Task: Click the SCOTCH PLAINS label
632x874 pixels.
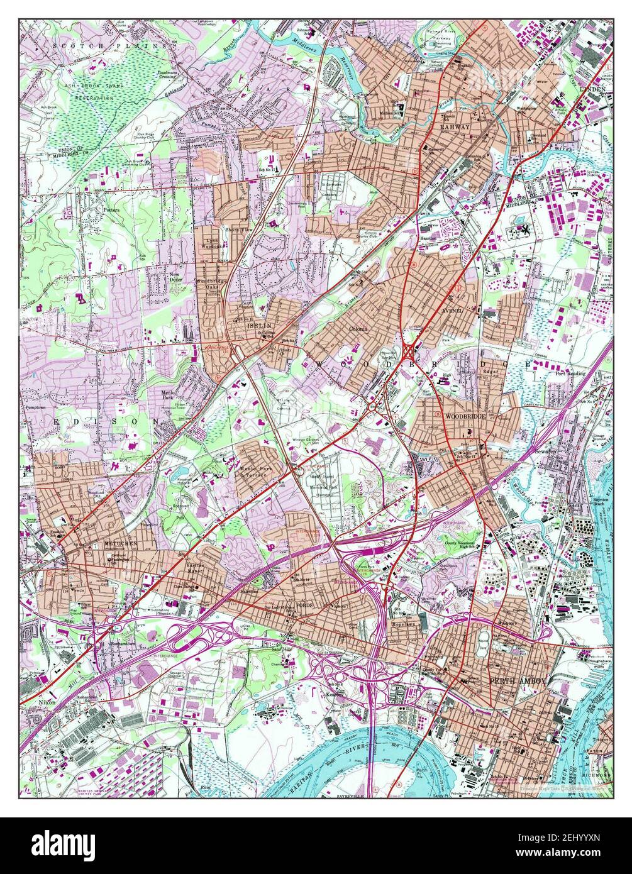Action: pos(111,45)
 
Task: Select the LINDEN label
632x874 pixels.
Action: pos(594,89)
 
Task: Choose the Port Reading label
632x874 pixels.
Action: pos(570,373)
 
